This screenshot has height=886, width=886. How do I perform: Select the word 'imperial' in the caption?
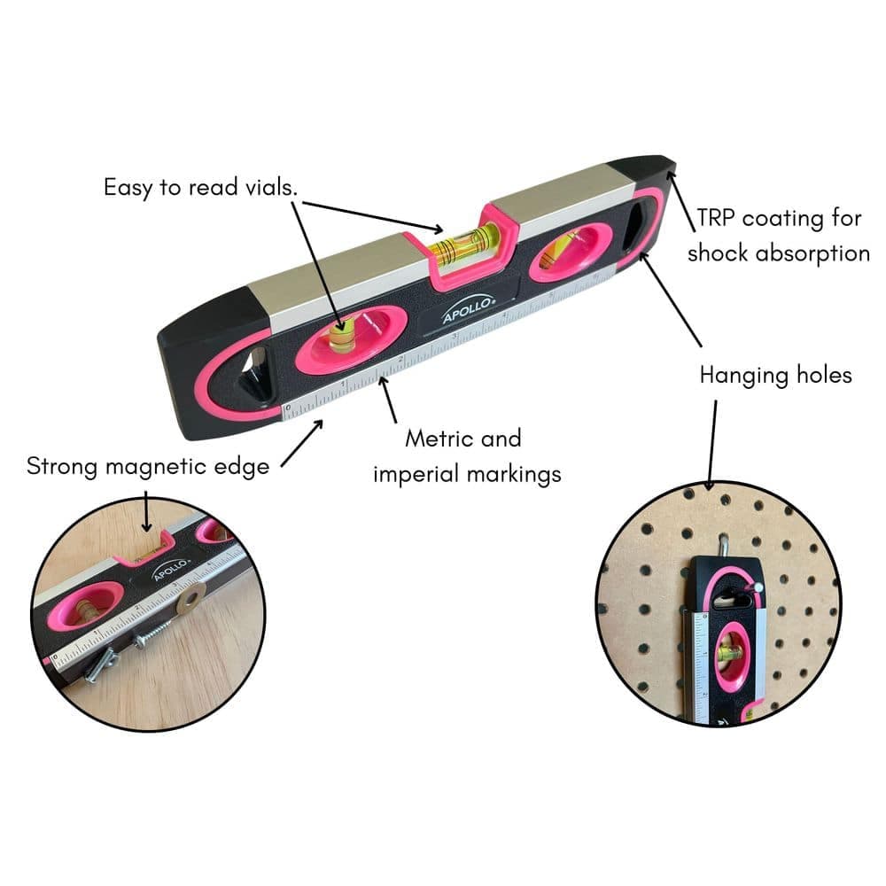click(416, 474)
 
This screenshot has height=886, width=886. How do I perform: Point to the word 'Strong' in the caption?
click(62, 467)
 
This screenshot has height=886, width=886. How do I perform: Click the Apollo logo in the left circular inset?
click(171, 569)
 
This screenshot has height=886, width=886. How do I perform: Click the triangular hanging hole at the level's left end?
click(255, 373)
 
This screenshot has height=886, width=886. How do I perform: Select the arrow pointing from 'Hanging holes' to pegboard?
click(712, 445)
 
